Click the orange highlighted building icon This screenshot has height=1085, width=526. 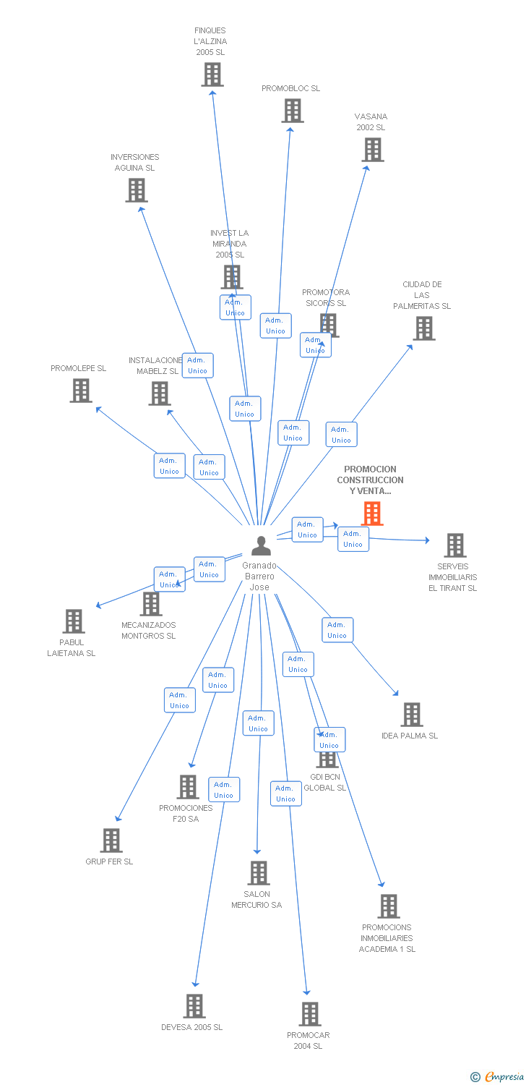click(x=372, y=513)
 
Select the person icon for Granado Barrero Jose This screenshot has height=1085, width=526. click(x=261, y=546)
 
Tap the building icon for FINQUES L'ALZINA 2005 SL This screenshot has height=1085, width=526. click(x=212, y=75)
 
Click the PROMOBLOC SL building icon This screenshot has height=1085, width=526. click(x=292, y=111)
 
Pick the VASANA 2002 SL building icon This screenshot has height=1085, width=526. click(x=372, y=150)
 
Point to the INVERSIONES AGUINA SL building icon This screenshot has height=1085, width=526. click(x=136, y=190)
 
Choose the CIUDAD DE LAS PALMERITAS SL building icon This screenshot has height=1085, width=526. click(x=423, y=328)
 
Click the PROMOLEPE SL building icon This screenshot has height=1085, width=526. click(x=80, y=391)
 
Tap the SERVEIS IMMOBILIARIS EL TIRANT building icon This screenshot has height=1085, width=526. click(x=454, y=545)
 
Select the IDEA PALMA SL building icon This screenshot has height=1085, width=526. click(x=411, y=715)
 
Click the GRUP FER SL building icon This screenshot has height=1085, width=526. click(x=111, y=841)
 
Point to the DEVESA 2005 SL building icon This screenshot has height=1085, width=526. click(x=194, y=1006)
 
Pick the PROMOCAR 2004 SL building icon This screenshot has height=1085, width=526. click(x=309, y=1014)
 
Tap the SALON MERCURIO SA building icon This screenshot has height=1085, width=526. click(x=259, y=873)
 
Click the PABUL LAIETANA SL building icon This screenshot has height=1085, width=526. click(x=73, y=621)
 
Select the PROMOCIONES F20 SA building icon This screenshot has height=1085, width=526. click(x=187, y=787)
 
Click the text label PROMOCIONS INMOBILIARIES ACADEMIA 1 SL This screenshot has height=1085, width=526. click(x=387, y=938)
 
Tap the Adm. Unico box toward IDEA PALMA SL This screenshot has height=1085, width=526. click(x=337, y=630)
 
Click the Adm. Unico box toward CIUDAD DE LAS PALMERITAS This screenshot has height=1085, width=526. click(x=341, y=434)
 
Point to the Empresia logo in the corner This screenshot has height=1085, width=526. click(x=497, y=1077)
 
